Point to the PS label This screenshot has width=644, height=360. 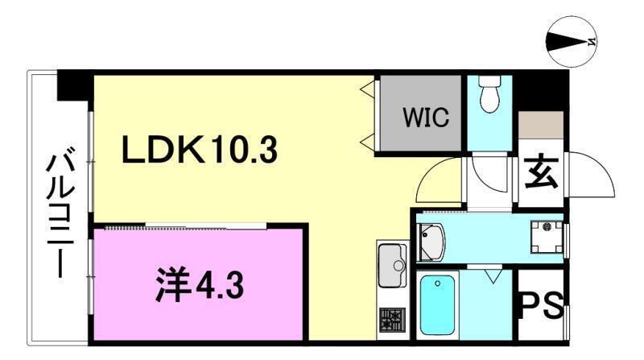coord(541,308)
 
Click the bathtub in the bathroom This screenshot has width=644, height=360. coord(438,306)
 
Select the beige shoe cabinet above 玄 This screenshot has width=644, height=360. coord(540,124)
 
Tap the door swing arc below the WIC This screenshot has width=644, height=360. coord(440,184)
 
